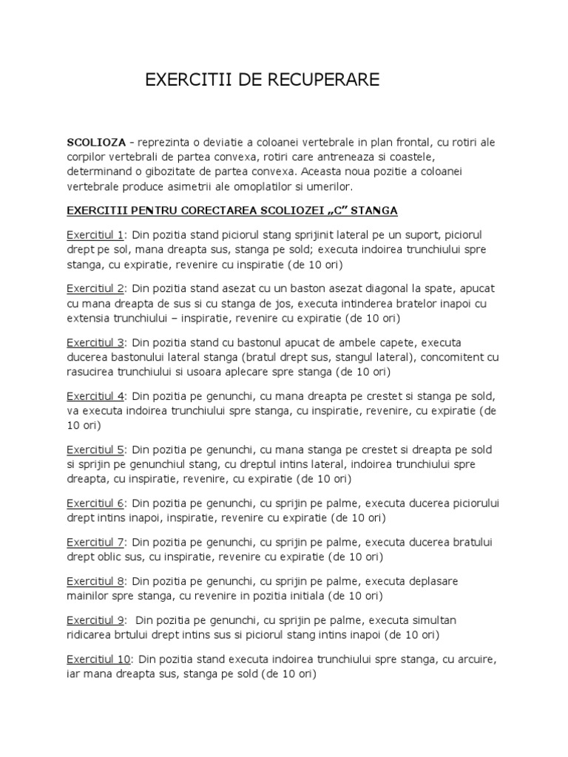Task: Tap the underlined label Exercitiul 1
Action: [x=95, y=235]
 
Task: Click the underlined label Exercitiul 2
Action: [x=95, y=288]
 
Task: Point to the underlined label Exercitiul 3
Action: [x=95, y=342]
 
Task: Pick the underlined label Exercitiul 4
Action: [x=95, y=396]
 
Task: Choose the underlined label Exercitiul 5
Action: [x=95, y=449]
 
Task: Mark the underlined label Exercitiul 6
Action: [x=95, y=503]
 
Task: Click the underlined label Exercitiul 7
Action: [x=95, y=542]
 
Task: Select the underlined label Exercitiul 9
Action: [x=95, y=619]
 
